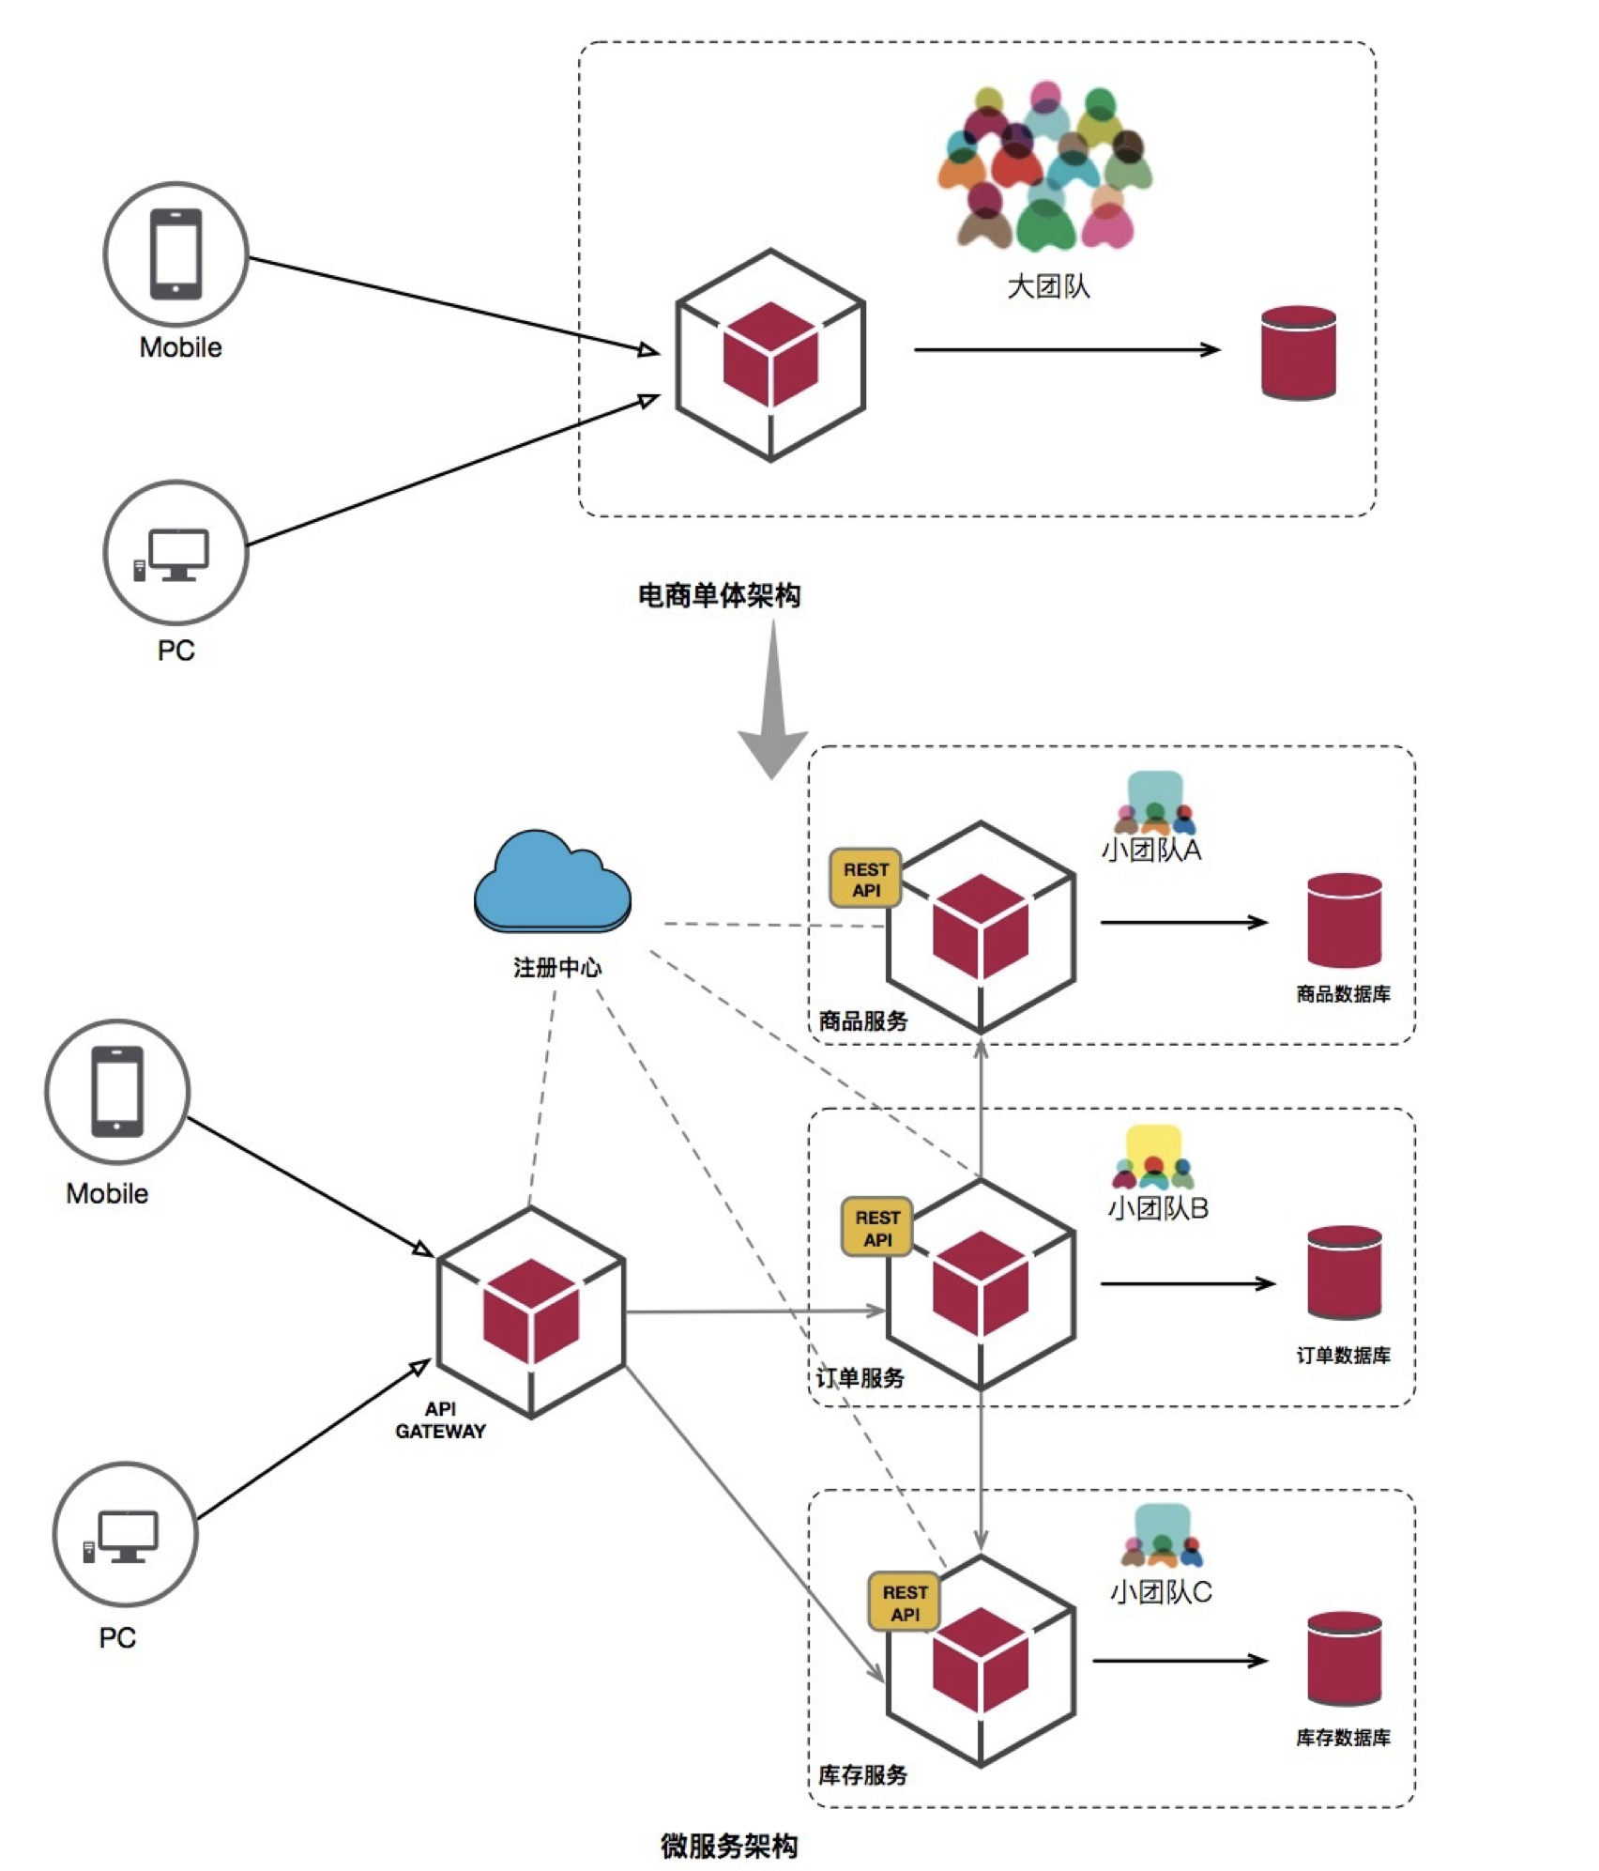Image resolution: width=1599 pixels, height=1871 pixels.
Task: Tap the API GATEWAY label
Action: tap(440, 1419)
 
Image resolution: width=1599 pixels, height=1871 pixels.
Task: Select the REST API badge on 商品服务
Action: tap(865, 879)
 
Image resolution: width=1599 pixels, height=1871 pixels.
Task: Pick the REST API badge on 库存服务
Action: tap(905, 1602)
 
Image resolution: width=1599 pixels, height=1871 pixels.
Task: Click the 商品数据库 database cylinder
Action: tap(1344, 920)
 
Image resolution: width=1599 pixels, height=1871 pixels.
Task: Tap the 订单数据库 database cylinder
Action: tap(1344, 1272)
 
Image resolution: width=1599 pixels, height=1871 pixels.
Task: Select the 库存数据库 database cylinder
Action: tap(1344, 1658)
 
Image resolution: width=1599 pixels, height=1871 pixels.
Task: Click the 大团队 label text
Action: tap(1048, 286)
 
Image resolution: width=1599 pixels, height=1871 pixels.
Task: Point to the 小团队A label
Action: tap(1150, 851)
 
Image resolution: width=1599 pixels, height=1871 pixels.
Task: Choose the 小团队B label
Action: tap(1158, 1207)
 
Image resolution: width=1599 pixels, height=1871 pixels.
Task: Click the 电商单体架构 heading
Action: tap(719, 595)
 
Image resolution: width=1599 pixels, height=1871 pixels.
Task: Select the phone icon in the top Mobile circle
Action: tap(175, 254)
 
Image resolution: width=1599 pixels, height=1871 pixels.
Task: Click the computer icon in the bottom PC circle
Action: tap(123, 1537)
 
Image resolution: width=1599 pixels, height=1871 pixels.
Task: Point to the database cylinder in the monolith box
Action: tap(1298, 353)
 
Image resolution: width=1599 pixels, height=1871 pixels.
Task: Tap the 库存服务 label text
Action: tap(862, 1774)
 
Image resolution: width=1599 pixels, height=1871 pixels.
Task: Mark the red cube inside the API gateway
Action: tap(531, 1311)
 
